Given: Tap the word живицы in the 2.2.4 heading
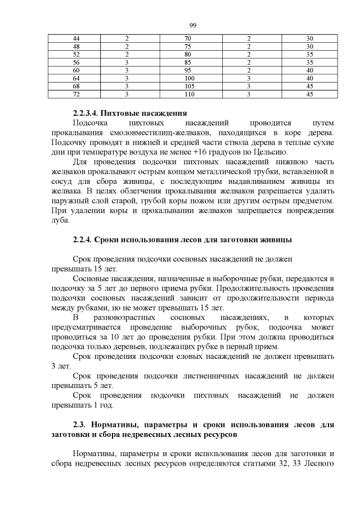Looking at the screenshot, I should (x=275, y=240).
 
